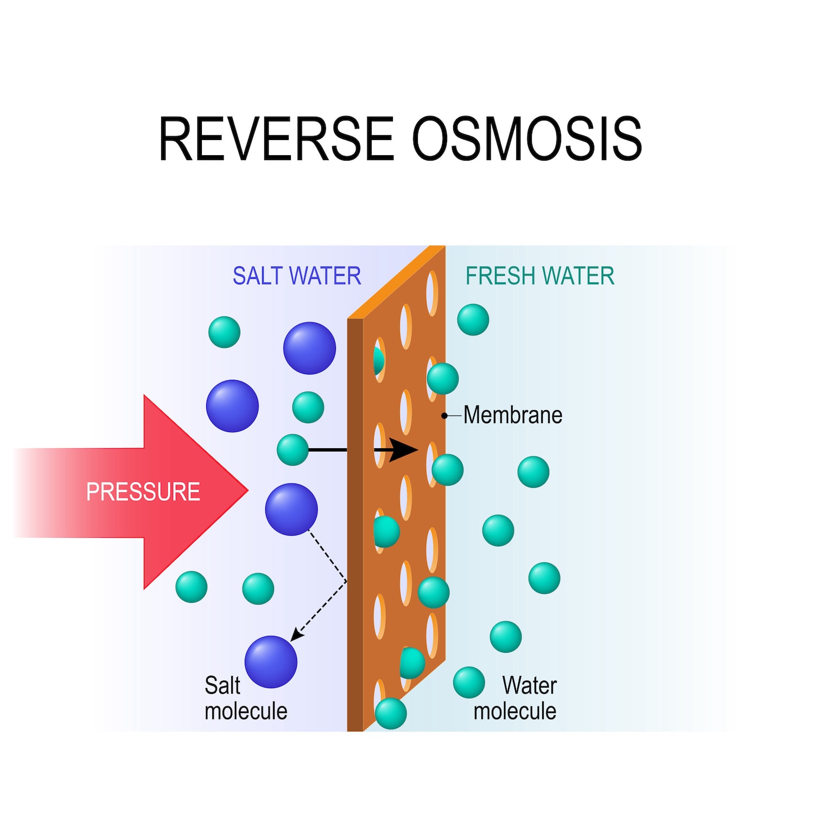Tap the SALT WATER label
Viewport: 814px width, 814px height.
(297, 276)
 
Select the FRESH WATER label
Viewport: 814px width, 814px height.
(539, 276)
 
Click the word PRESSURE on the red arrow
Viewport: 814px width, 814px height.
(143, 492)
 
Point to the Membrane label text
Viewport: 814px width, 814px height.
(513, 415)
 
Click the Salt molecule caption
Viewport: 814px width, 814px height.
(245, 698)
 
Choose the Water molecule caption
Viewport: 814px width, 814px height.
(516, 698)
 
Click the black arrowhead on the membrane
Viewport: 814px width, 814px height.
(405, 450)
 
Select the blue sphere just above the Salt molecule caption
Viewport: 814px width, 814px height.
(271, 662)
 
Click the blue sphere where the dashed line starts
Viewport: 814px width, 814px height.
(291, 510)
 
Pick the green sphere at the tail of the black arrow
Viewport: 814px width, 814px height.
(292, 450)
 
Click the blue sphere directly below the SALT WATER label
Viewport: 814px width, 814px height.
(309, 348)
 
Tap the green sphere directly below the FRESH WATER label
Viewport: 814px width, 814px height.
(473, 320)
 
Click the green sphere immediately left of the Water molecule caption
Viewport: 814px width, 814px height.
(469, 682)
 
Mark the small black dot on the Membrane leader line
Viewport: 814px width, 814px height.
(444, 416)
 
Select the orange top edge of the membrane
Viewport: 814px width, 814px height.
(396, 282)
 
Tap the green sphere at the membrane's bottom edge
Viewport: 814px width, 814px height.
(391, 713)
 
